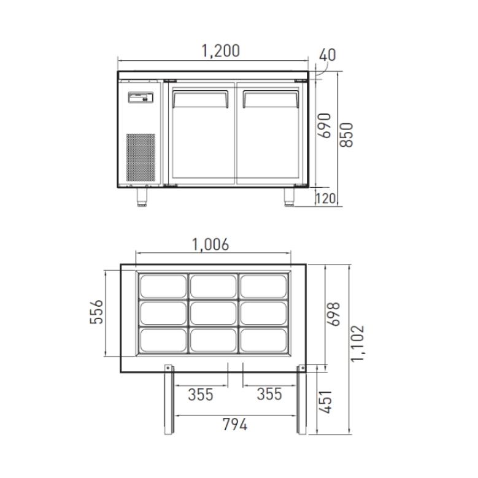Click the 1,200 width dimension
pos(221,51)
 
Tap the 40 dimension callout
pos(328,55)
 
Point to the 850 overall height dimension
pos(346,135)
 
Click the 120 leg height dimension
pos(325,198)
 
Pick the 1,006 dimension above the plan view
pos(210,244)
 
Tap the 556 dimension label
pos(97,312)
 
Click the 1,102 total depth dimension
pos(358,344)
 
